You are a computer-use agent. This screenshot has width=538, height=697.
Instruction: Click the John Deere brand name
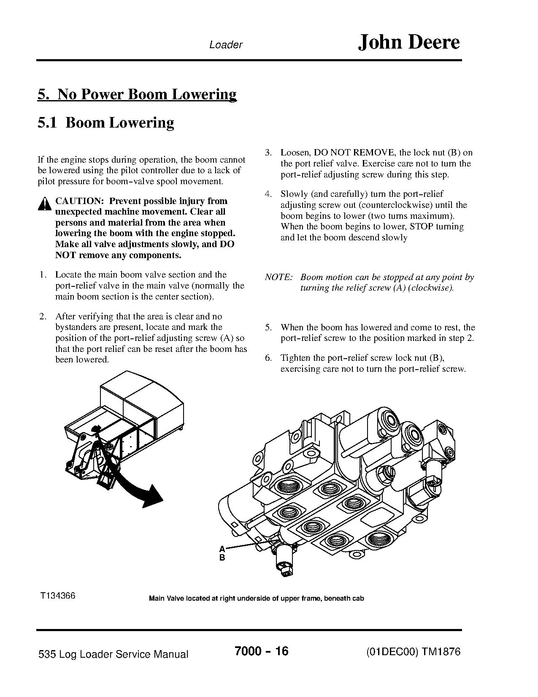click(408, 42)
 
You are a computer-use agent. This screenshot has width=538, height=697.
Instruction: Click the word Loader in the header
click(226, 45)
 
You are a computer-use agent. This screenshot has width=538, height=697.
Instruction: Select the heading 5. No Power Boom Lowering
click(137, 94)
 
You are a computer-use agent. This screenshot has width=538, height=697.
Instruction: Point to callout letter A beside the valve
click(222, 549)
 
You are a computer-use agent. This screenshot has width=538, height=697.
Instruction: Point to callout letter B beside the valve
click(222, 558)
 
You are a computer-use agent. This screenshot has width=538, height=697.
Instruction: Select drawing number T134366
click(58, 596)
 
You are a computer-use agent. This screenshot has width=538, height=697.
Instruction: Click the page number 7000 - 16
click(261, 651)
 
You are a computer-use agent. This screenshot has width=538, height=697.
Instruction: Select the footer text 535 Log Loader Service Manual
click(113, 654)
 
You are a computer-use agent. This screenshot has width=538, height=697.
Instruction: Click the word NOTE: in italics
click(278, 278)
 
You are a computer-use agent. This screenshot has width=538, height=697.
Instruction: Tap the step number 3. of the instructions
click(268, 153)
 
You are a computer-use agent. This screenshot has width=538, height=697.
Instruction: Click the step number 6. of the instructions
click(268, 358)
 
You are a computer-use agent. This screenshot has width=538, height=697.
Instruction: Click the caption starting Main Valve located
click(256, 599)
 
